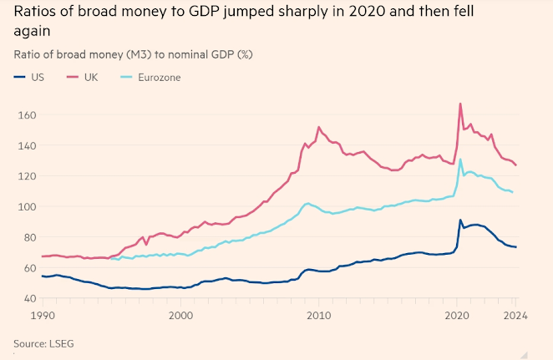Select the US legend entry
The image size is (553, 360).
pos(36,77)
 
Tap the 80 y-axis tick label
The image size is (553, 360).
pos(25,237)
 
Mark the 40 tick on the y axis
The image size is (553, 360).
pos(25,298)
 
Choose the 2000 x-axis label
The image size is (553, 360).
pos(180,316)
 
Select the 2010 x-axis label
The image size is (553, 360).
pos(317,316)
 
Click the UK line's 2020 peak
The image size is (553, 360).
pos(460,104)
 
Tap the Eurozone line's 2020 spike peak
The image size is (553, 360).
pos(460,160)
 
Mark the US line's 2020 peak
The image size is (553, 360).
pos(460,220)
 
